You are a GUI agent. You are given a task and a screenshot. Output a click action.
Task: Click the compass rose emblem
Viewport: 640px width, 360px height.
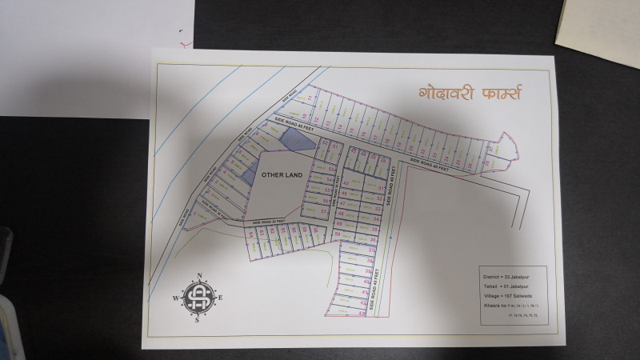pyautogui.click(x=195, y=298)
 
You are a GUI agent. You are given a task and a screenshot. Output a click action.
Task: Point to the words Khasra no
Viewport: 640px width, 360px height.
pyautogui.click(x=491, y=306)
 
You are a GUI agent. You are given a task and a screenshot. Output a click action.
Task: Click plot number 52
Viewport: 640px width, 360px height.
pyautogui.click(x=325, y=142)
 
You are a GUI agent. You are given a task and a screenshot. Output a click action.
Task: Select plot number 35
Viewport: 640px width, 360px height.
pyautogui.click(x=375, y=230)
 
